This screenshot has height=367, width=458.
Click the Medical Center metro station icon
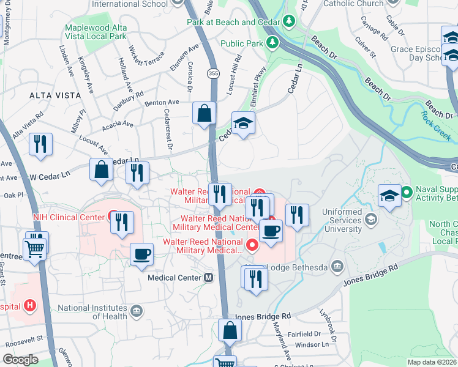(209, 277)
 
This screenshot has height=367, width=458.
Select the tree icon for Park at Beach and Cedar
(290, 22)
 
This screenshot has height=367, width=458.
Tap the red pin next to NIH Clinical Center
(113, 216)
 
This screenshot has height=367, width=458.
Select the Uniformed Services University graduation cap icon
(370, 218)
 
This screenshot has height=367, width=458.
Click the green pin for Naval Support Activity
(406, 194)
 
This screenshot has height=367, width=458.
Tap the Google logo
(20, 360)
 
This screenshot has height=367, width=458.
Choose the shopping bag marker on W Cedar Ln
(101, 169)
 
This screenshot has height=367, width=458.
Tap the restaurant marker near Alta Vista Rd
(41, 144)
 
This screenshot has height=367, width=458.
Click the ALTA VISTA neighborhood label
(55, 95)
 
